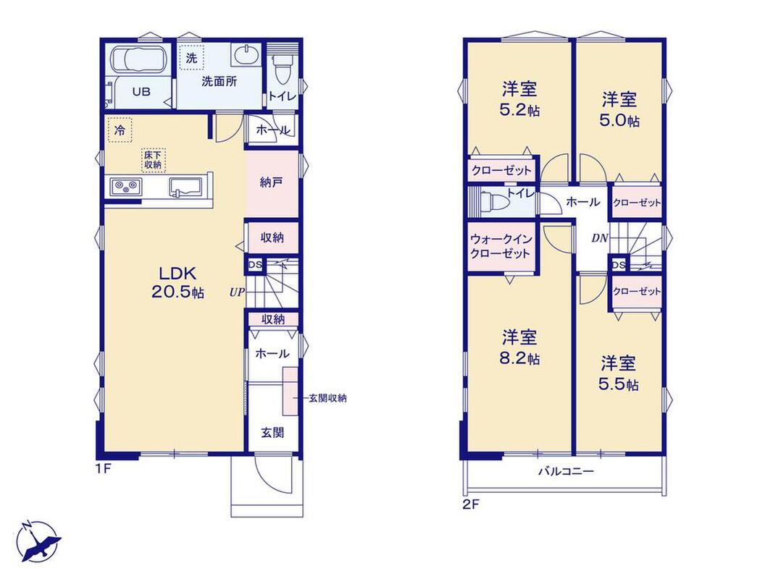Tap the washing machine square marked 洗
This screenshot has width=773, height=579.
(x=191, y=58)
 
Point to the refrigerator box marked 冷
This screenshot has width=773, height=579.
(x=120, y=130)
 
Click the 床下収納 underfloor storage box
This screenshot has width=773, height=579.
(x=154, y=160)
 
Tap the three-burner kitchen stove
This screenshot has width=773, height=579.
(x=126, y=187)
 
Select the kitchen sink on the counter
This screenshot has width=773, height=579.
(x=186, y=187)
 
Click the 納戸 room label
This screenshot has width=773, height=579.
(x=271, y=182)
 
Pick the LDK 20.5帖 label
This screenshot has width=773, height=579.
(x=177, y=282)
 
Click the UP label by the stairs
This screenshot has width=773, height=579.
(x=237, y=292)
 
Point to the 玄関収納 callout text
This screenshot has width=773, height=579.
(x=327, y=398)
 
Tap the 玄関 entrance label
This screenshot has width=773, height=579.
(x=272, y=433)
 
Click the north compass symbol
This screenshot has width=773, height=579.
(x=38, y=541)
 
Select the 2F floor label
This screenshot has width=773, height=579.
(x=471, y=504)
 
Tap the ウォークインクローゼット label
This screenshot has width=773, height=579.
(x=501, y=246)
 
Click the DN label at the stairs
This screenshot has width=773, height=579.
(x=599, y=238)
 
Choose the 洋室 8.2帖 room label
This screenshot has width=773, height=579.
(x=519, y=347)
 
